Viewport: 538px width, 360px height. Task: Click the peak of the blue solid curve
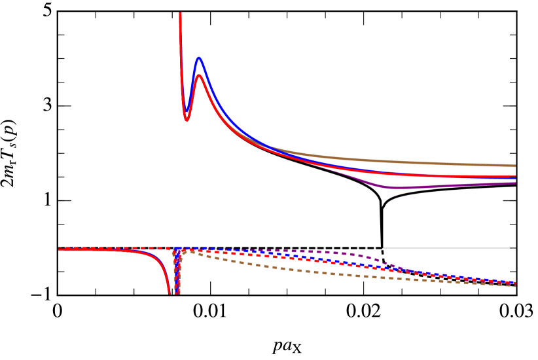[198, 58]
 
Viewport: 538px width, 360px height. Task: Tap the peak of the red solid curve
[199, 76]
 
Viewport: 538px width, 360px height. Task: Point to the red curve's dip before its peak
[187, 120]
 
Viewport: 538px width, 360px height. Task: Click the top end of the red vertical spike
[180, 14]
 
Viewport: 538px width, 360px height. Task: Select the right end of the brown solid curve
[515, 166]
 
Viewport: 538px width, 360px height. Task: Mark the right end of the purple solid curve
[515, 183]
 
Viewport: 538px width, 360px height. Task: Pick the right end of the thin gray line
[509, 248]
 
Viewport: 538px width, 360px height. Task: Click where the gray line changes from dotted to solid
[383, 248]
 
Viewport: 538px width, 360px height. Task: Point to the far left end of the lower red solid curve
[60, 249]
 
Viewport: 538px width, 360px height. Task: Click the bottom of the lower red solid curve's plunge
[170, 293]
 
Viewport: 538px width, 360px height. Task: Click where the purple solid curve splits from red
[327, 168]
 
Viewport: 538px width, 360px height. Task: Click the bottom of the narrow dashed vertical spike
[177, 292]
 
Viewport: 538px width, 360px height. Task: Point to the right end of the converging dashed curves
[514, 284]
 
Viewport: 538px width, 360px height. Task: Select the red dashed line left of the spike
[118, 248]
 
